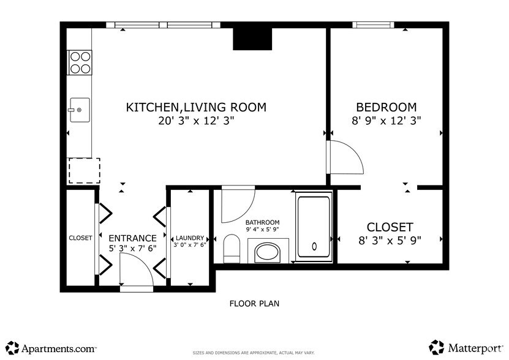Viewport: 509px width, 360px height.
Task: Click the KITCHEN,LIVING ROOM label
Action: point(196,107)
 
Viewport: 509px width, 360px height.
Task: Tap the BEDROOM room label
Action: point(386,107)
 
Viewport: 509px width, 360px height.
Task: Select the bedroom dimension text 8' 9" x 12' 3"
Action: point(386,121)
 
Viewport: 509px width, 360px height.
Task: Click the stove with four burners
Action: point(79,62)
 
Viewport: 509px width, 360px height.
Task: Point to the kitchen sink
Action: point(79,110)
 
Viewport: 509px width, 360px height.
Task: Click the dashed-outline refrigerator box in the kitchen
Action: point(84,170)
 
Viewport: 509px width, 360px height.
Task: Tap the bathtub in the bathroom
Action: point(314,227)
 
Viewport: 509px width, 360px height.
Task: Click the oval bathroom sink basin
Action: point(268,252)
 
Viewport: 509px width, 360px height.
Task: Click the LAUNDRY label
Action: point(190,238)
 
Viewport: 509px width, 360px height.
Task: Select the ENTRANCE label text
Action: point(132,238)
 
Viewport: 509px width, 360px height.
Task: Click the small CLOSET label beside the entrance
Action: point(80,238)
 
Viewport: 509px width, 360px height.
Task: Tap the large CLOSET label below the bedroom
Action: point(390,227)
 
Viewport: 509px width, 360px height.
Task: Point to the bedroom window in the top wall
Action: point(372,25)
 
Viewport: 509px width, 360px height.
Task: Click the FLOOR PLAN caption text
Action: point(255,303)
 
